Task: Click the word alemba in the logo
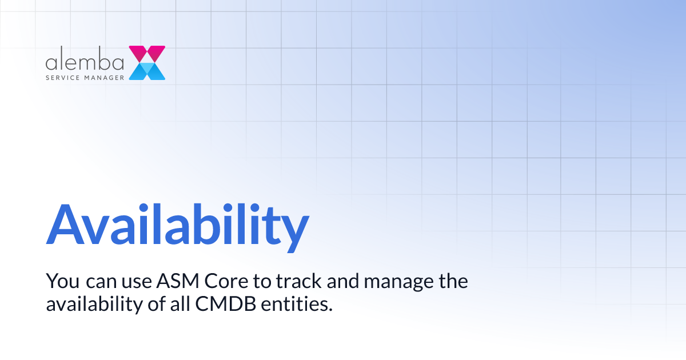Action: [x=85, y=61]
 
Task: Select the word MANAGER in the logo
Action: [x=105, y=75]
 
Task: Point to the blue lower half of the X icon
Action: [x=147, y=71]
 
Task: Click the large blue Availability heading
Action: [x=177, y=225]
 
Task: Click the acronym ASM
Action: [x=174, y=282]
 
